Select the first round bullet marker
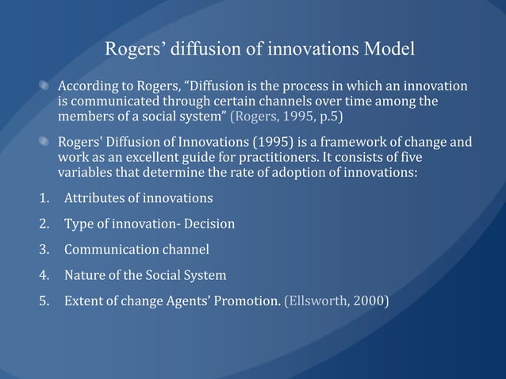click(46, 86)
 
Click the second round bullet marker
click(46, 143)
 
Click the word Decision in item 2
click(208, 224)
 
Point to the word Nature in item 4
click(85, 275)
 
